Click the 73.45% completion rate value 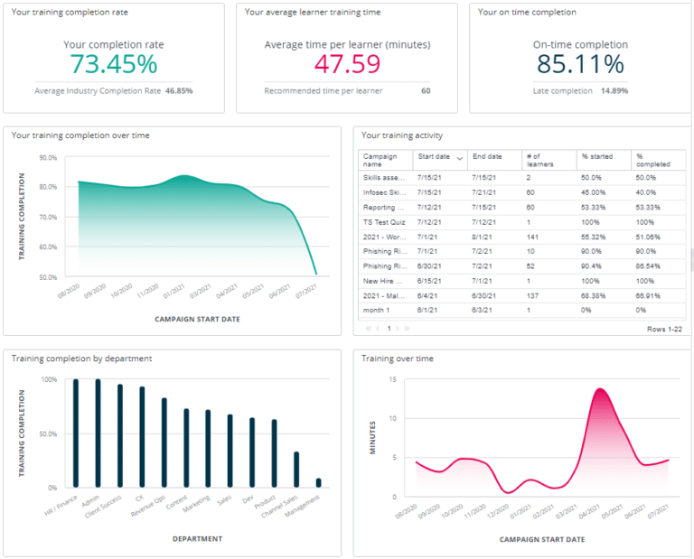[x=113, y=64]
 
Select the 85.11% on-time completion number [x=579, y=64]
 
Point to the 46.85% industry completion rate [x=178, y=90]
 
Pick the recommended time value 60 [x=425, y=90]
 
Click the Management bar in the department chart [x=317, y=483]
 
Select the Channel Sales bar [x=296, y=470]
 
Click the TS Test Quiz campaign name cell [x=383, y=222]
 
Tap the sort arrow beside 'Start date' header [x=459, y=158]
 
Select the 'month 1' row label [x=375, y=310]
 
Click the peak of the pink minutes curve [x=599, y=389]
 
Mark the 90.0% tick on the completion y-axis [x=47, y=157]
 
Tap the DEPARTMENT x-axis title [x=196, y=539]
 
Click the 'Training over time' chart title [x=398, y=359]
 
